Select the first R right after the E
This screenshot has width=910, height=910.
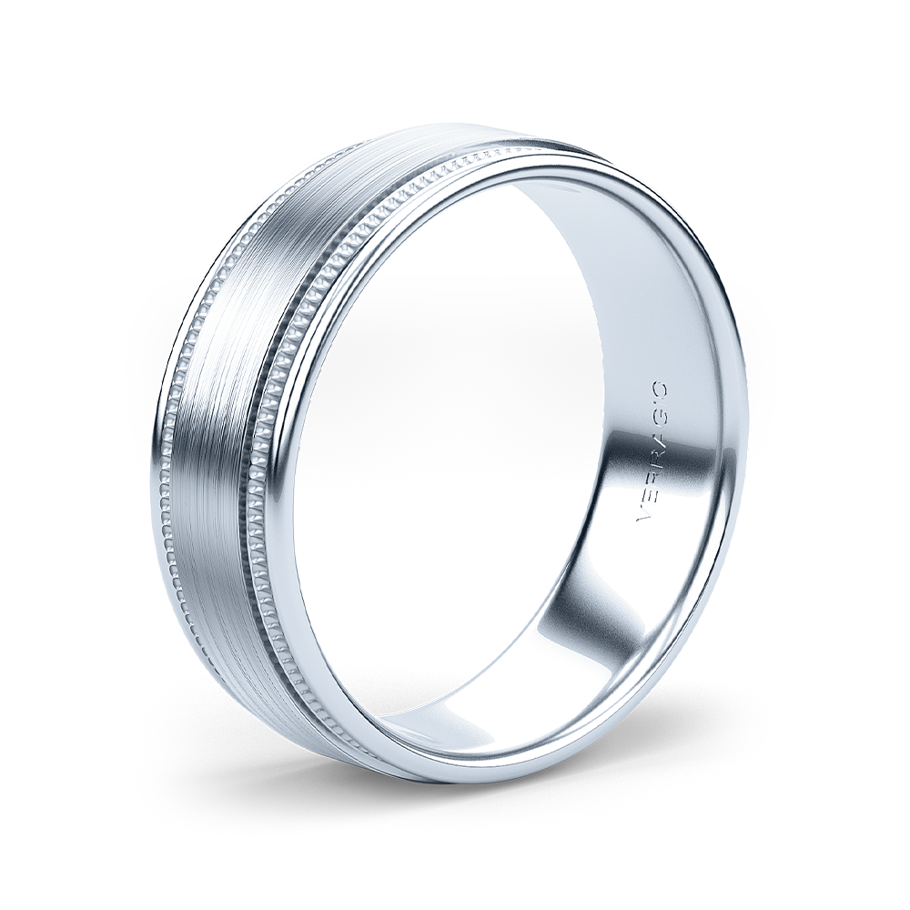(653, 476)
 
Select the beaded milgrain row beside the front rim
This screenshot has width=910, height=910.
(273, 437)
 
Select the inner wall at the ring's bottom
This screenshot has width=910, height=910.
(473, 719)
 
